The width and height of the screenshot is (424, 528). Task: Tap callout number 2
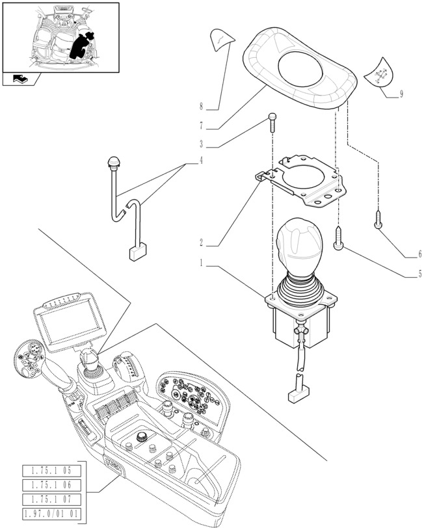tap(202, 243)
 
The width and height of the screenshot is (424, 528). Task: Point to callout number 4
tap(202, 160)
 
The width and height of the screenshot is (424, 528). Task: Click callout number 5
tap(419, 274)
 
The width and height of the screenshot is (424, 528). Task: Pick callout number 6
tap(419, 254)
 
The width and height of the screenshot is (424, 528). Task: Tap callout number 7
tap(202, 125)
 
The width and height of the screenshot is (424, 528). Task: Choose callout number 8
tap(202, 106)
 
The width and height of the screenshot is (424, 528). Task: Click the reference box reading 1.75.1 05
tap(51, 470)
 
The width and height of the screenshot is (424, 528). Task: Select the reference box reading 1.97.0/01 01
tap(51, 513)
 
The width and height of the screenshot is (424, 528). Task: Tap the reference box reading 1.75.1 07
tap(51, 499)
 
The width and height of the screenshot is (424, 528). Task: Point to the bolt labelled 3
tap(272, 122)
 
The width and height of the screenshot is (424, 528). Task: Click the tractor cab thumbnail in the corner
tap(60, 37)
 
